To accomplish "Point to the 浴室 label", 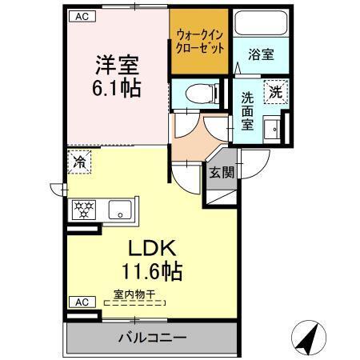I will [x=262, y=55].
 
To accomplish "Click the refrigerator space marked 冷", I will [x=80, y=161].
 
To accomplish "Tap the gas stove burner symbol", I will [x=83, y=210].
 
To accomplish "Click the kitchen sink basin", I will [x=121, y=210].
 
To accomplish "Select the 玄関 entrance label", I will [x=222, y=172].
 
